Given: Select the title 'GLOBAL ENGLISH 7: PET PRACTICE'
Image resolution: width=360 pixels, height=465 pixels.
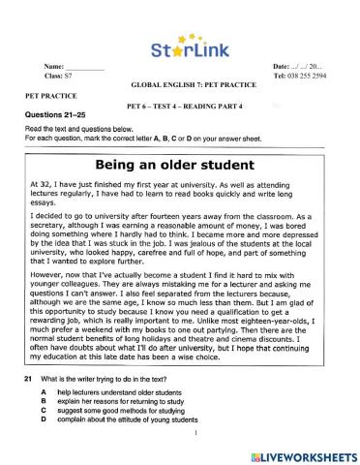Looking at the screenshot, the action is point(180,85).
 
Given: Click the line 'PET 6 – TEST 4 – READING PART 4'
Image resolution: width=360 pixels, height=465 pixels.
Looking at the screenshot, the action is point(181,105).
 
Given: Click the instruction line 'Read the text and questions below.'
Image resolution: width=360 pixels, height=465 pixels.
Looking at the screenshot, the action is point(79,129).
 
